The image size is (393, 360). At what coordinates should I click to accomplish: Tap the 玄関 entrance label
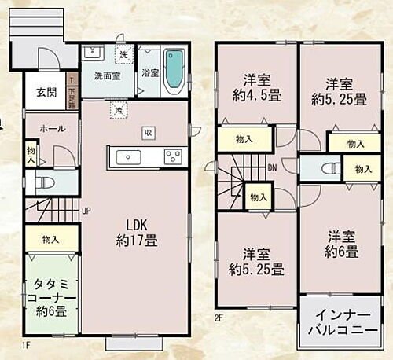click(46, 92)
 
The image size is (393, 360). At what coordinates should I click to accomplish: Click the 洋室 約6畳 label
click(342, 244)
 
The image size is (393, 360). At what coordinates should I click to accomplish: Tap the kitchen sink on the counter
click(128, 157)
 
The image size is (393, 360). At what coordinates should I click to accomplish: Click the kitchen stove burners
click(173, 157)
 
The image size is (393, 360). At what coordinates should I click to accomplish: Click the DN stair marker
click(272, 167)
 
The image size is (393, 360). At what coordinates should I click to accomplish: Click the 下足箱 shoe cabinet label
click(72, 96)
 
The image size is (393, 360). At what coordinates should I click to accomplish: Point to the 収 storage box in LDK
click(148, 132)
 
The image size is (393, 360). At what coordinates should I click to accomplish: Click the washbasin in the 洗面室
click(92, 53)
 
